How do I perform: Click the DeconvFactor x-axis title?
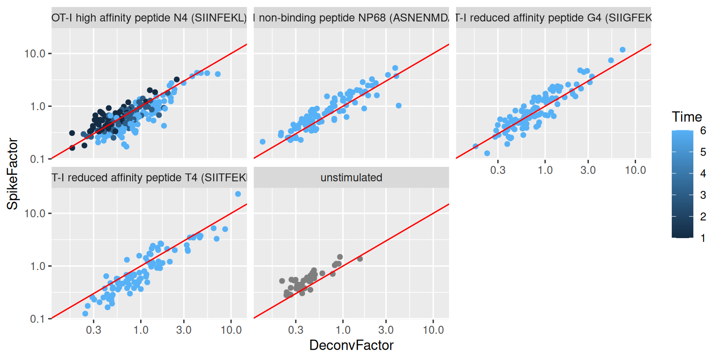(x=351, y=345)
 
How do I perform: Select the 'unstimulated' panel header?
(x=351, y=178)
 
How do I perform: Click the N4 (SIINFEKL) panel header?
(x=149, y=18)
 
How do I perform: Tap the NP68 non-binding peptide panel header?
(x=351, y=18)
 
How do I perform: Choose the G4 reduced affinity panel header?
(x=554, y=18)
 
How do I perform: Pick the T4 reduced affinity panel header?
(x=149, y=178)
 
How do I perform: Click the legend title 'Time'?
(x=686, y=117)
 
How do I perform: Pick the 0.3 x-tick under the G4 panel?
(x=498, y=170)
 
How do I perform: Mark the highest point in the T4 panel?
(x=238, y=194)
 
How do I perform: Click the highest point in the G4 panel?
(x=622, y=50)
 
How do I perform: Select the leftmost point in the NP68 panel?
(x=262, y=142)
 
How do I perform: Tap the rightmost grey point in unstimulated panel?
(x=360, y=259)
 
